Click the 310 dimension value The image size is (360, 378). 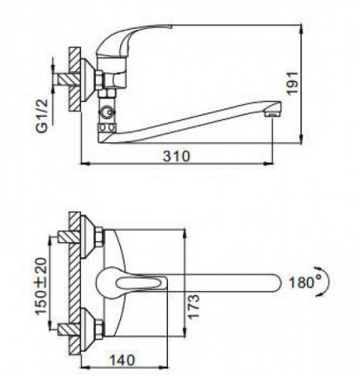click(176, 156)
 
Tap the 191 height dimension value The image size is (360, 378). click(293, 83)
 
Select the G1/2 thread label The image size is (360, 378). click(42, 116)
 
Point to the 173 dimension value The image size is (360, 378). click(194, 307)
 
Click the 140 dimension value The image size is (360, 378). click(123, 360)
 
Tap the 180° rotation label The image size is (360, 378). click(302, 283)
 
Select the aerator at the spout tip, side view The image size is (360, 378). click(273, 113)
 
